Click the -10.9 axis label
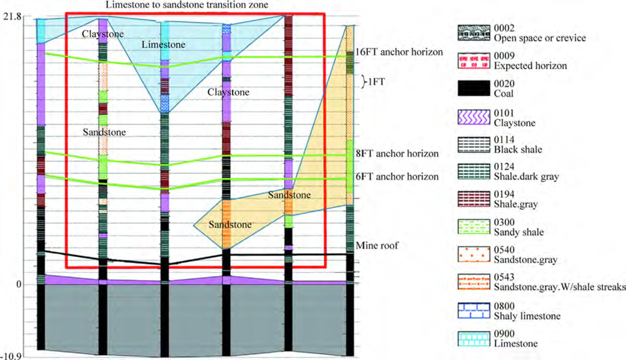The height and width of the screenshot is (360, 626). pos(12,356)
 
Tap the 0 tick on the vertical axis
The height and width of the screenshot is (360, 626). pos(18,285)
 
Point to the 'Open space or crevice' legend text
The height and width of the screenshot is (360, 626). pos(533,39)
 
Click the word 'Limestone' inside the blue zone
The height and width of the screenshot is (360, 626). pos(164,45)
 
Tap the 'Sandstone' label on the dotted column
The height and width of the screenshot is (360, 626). pos(104,132)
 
